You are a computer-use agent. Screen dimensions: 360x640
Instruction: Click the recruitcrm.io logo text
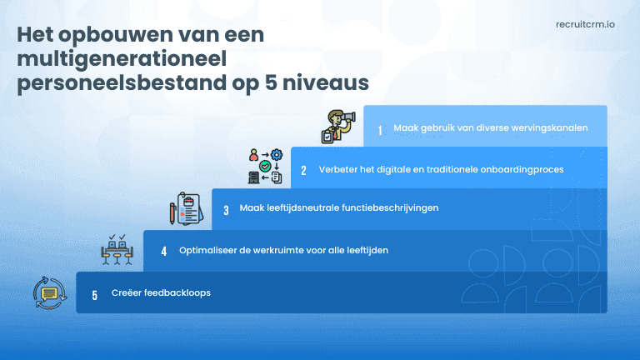585,26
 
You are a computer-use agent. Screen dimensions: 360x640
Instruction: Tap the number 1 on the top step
380,130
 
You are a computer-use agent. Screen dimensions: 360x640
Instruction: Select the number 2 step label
304,170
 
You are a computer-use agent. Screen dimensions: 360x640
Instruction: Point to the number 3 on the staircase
226,210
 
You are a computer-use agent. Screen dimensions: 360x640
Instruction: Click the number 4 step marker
164,250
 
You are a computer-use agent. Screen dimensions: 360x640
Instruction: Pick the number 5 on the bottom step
94,294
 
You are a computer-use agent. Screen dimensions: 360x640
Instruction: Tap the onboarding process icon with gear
266,166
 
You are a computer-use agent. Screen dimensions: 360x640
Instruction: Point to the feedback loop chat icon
47,293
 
